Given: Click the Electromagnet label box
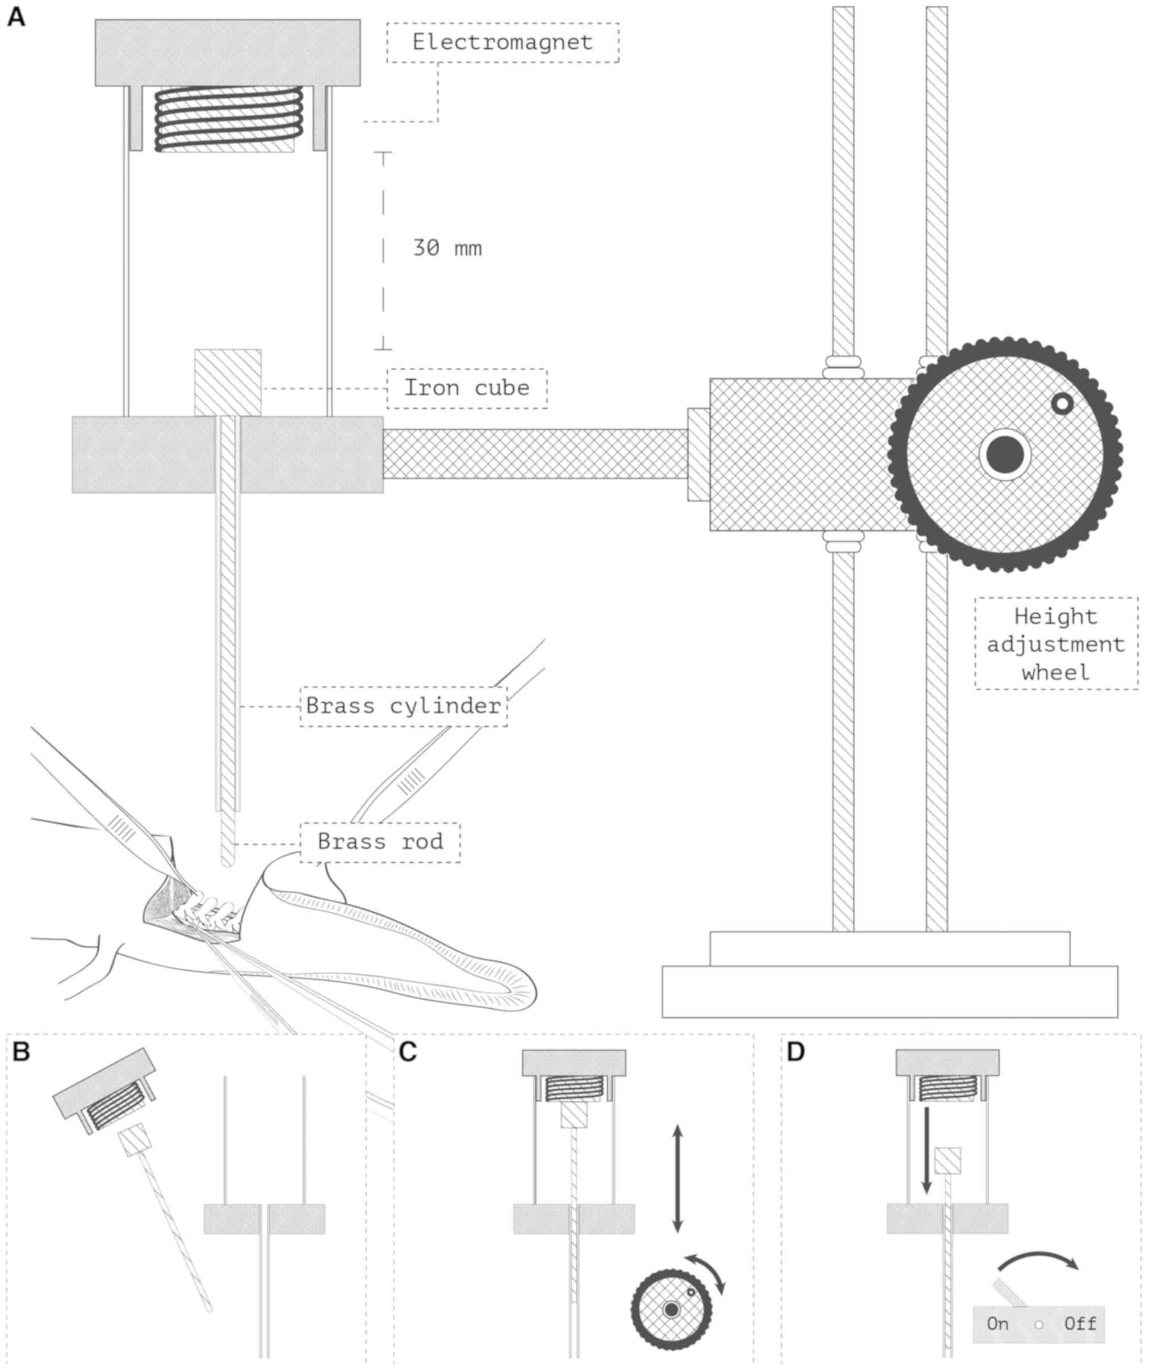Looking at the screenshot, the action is click(x=502, y=43).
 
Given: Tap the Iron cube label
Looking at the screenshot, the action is click(x=467, y=388).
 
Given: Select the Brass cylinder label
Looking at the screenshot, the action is click(x=403, y=706).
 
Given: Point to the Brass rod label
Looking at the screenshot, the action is click(x=380, y=842).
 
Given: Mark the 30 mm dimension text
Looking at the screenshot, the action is click(x=447, y=248).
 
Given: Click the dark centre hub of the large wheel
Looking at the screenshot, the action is click(x=1005, y=455).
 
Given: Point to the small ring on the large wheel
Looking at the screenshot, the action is click(x=1062, y=404).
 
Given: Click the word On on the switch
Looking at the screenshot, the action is click(x=997, y=1324).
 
